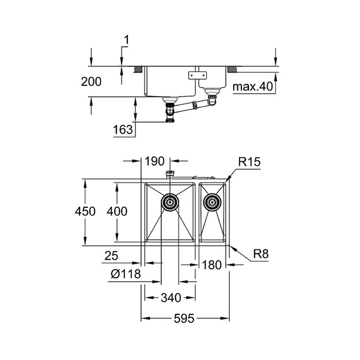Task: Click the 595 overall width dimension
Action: tap(184, 319)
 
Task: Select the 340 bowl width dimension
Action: tap(171, 298)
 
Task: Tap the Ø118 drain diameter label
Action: tap(126, 274)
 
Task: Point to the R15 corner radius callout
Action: tap(249, 162)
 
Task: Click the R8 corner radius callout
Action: tap(261, 254)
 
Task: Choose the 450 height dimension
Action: tap(85, 211)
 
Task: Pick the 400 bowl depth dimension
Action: tap(117, 211)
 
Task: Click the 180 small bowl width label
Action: tap(212, 265)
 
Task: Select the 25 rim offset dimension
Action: tap(111, 256)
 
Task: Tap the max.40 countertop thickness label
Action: tap(253, 86)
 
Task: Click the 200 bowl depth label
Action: tap(91, 82)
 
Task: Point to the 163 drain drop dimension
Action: tap(123, 130)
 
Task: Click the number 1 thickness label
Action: tap(127, 40)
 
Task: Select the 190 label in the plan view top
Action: tap(154, 161)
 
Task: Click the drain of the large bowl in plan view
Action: tap(170, 202)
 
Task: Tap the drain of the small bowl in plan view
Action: tap(212, 202)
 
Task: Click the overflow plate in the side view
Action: tap(198, 75)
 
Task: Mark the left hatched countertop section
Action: tap(138, 70)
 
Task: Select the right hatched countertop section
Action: tap(232, 70)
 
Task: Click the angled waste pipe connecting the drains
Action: tap(192, 107)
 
